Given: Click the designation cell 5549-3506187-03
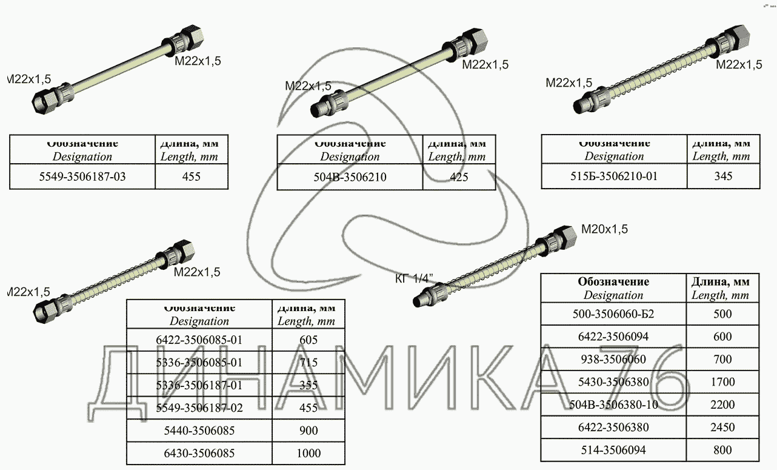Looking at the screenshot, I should click(82, 177).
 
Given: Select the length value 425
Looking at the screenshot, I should click(459, 177).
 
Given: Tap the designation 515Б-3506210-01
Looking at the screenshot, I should click(614, 176).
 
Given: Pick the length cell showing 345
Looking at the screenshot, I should click(722, 176).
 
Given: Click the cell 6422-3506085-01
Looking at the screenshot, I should click(199, 340).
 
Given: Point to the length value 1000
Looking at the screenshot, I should click(308, 453).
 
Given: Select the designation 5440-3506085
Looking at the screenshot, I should click(199, 431).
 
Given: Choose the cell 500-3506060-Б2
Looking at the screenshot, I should click(613, 314).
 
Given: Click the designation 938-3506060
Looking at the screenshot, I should click(613, 360).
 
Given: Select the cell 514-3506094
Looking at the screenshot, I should click(613, 450).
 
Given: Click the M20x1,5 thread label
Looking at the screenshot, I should click(604, 229).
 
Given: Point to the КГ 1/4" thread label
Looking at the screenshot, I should click(415, 278).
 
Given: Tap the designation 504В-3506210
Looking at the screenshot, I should click(350, 177).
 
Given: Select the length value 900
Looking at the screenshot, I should click(308, 431).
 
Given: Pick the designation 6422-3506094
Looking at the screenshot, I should click(613, 337).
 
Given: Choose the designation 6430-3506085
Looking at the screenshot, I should click(199, 453).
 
